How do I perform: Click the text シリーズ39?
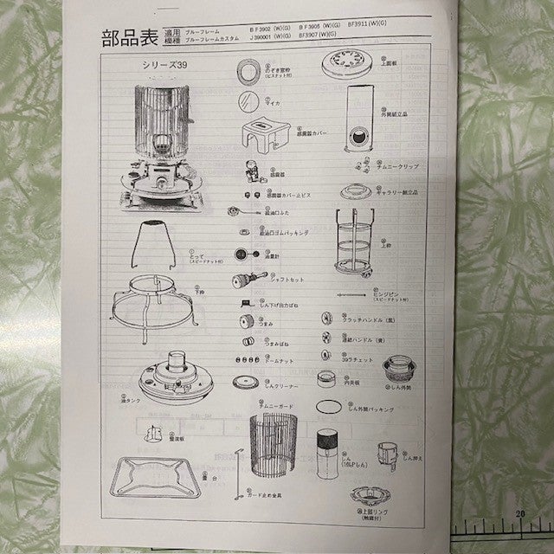tap(164, 65)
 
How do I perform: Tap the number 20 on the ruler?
tap(521, 514)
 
